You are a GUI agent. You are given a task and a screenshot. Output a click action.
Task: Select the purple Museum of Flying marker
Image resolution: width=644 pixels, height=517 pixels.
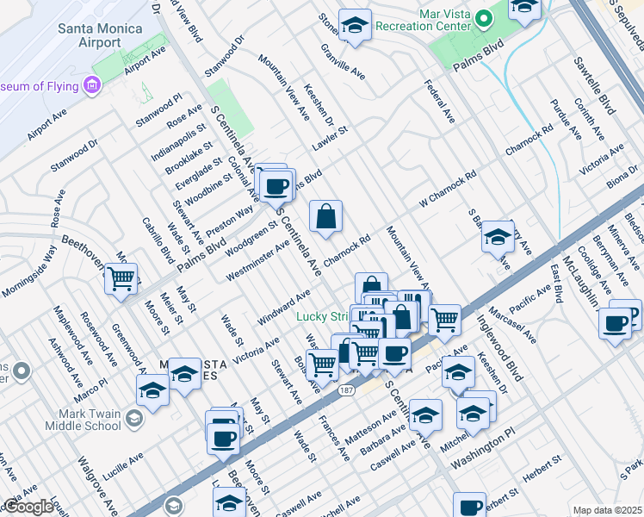click(x=90, y=84)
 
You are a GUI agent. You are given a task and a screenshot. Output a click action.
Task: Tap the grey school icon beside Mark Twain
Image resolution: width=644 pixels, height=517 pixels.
click(x=133, y=419)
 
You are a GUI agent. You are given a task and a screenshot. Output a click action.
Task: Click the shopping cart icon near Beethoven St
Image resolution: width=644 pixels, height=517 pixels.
click(x=121, y=277)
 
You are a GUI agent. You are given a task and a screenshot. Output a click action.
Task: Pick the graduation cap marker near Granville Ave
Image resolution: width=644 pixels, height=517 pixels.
click(x=354, y=25)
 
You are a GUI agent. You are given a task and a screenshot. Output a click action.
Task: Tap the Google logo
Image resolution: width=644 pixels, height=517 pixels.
click(x=28, y=507)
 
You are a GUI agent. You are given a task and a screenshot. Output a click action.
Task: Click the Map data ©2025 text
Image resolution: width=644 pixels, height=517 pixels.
click(x=607, y=510)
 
